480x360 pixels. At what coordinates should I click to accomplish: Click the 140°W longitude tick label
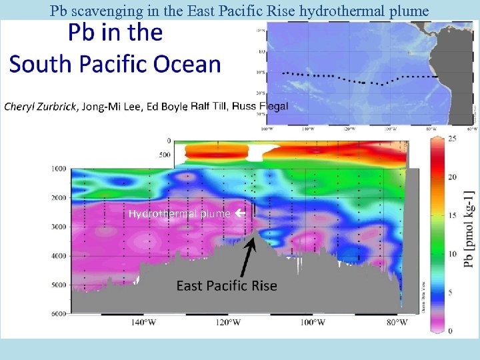pos(143,323)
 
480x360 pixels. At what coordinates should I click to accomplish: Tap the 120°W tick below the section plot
pos(228,323)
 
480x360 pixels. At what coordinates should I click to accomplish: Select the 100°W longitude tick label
pos(312,323)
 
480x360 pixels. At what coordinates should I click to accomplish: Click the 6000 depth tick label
pos(59,314)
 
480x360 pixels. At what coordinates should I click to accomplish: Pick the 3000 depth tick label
pos(59,227)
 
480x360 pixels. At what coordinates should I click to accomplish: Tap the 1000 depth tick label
pos(59,169)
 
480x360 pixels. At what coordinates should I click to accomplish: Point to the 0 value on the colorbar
pos(451,331)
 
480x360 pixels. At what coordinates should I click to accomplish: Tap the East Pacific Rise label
pos(227,285)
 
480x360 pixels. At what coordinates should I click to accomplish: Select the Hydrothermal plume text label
pos(179,214)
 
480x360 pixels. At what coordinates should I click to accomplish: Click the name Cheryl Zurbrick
pos(41,107)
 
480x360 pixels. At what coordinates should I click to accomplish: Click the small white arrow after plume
pos(238,214)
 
